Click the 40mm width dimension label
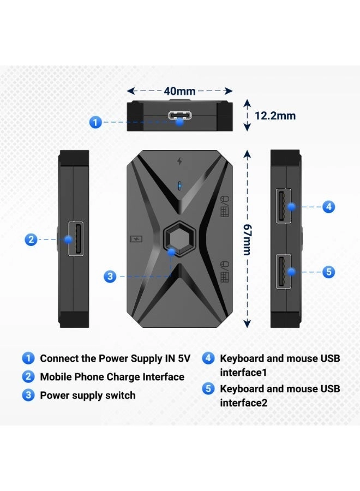click(179, 91)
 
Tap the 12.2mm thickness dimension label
click(275, 116)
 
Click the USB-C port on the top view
click(179, 116)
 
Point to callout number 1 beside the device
click(95, 122)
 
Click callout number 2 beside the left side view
click(32, 239)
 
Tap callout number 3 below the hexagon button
click(110, 276)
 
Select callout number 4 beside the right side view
click(328, 207)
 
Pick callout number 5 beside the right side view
click(328, 272)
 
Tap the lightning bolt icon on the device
click(179, 161)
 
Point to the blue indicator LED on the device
click(179, 185)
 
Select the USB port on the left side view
click(76, 239)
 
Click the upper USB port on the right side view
click(283, 206)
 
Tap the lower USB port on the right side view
click(283, 272)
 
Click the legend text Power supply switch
click(88, 395)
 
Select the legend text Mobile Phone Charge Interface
click(112, 377)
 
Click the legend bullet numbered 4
click(208, 358)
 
